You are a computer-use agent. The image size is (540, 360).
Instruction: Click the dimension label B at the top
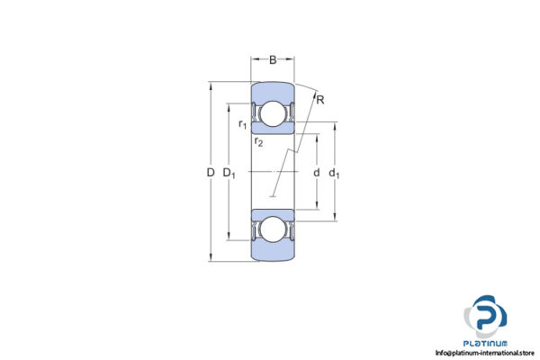click(273, 61)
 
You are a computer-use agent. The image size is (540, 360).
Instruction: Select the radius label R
click(320, 99)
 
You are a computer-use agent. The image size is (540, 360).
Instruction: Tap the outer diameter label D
click(210, 172)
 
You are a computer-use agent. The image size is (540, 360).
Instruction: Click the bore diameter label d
click(316, 172)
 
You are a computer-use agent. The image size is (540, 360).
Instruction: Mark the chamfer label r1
click(243, 124)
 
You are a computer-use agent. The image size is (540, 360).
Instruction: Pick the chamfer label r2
click(258, 141)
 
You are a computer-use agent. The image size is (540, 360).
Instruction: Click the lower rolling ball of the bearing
click(273, 231)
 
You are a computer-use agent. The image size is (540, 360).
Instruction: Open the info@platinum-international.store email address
click(486, 353)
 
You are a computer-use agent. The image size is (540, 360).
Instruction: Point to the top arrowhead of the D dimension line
click(210, 85)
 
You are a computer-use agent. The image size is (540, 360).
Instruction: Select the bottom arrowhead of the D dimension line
click(210, 259)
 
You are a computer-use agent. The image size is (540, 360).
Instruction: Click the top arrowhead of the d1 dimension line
click(335, 125)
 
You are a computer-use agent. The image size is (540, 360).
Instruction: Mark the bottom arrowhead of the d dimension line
click(316, 207)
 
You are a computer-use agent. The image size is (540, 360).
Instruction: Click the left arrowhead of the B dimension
click(253, 61)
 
